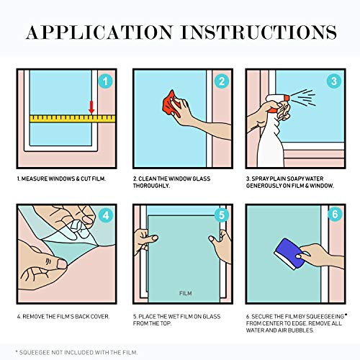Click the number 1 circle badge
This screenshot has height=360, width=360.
(105, 81)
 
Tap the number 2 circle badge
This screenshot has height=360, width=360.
(222, 81)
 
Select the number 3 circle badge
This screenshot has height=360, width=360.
(334, 81)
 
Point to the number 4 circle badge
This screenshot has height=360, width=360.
(106, 215)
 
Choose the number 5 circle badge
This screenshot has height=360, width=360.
(222, 215)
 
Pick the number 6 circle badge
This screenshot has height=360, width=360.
(335, 214)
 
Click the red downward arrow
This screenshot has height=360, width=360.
(91, 107)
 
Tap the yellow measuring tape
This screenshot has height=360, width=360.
(73, 119)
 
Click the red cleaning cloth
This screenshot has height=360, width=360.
(171, 103)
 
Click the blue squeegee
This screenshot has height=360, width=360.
(289, 254)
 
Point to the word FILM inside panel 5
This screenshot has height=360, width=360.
(186, 293)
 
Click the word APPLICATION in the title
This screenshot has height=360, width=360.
(99, 32)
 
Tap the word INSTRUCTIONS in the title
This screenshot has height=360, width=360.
(259, 32)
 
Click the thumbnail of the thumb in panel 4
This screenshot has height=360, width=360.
(62, 264)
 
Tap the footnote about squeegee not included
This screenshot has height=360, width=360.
(76, 352)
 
